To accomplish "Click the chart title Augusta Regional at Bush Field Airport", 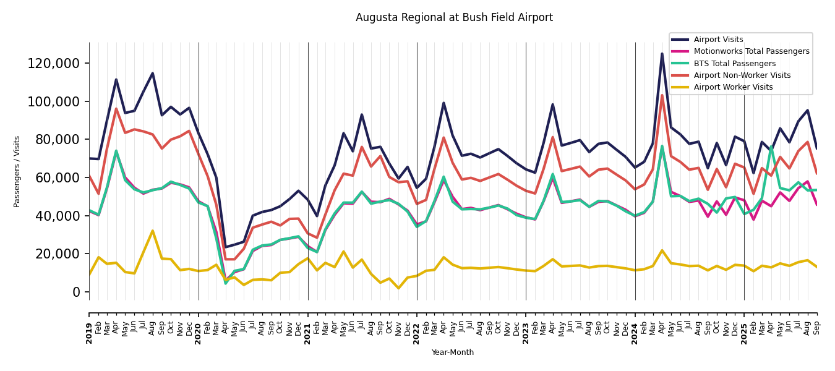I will point(454,18).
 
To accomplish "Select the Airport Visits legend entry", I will point(718,40).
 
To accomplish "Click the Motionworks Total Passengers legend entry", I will point(751,51).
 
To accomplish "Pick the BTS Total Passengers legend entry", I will point(734,64).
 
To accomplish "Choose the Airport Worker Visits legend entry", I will point(733,87).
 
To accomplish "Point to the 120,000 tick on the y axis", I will point(53,64).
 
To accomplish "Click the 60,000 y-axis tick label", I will point(56,178).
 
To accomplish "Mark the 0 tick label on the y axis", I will point(77,292).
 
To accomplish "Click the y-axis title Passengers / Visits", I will point(17,171).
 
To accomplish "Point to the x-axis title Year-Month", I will point(453,352).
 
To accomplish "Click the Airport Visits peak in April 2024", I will point(662,54).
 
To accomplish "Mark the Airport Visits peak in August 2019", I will point(153,73).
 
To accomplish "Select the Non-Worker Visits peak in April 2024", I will point(662,95).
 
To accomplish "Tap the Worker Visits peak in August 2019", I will point(153,231).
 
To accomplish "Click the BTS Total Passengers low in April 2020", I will point(226,283).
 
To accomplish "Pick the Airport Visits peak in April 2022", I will point(443,103).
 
